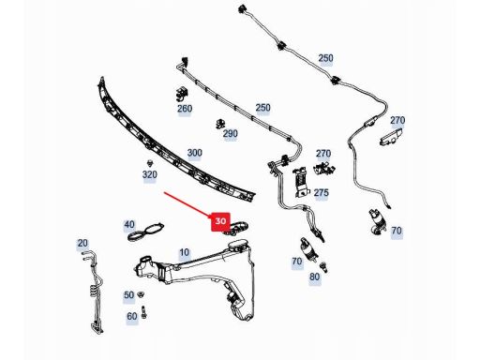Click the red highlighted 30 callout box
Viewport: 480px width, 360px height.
220,221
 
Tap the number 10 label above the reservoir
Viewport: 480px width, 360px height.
184,252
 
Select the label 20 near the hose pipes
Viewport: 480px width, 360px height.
82,243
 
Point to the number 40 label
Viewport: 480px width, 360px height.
129,224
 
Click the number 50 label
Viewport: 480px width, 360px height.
129,295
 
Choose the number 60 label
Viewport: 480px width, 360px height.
132,317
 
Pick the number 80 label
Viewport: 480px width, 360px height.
314,277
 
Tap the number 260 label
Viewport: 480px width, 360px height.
185,109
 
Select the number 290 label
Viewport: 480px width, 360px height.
230,134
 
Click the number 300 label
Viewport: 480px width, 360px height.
194,153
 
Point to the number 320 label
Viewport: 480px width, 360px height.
149,174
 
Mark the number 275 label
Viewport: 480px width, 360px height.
322,193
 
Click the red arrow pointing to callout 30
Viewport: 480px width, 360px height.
188,204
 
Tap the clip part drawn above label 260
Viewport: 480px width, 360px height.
181,94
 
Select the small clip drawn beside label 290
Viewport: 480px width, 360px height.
220,124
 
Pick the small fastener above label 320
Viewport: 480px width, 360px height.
151,163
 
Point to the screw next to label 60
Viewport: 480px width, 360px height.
144,312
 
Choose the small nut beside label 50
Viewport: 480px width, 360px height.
142,293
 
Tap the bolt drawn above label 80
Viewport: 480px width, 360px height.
323,267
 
